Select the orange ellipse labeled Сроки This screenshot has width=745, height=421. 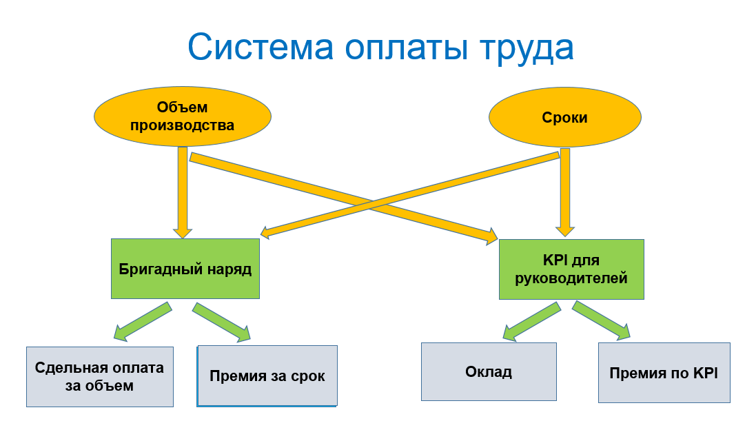[564, 118]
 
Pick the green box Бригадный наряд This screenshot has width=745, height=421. [185, 269]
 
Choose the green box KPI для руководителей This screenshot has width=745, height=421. [571, 269]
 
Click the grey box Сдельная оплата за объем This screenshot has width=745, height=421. [100, 376]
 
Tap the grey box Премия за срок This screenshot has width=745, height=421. [267, 376]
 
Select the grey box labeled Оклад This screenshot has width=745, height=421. [489, 372]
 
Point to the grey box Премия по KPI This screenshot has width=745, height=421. [664, 373]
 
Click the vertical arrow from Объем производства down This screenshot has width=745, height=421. [183, 193]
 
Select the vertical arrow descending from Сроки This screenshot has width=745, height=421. [566, 193]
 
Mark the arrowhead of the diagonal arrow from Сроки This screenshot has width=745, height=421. [265, 234]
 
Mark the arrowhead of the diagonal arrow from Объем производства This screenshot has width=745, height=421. [491, 238]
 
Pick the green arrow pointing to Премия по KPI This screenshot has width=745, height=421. [602, 320]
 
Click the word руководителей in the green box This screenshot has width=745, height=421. [571, 279]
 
